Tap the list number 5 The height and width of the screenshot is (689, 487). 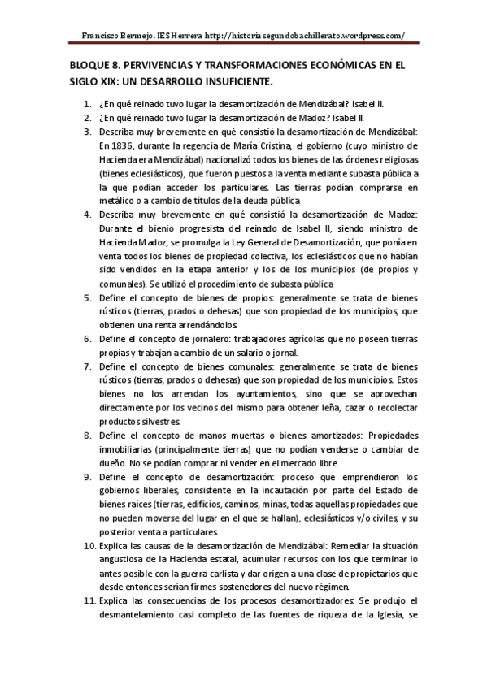pyautogui.click(x=89, y=298)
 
